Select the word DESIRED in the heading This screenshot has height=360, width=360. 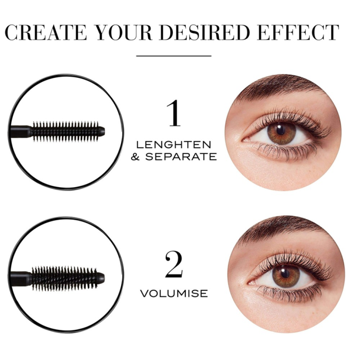tap(204, 32)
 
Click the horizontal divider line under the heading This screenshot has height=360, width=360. tap(174, 55)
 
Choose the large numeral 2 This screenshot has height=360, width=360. tap(174, 264)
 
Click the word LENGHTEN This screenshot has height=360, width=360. tap(174, 145)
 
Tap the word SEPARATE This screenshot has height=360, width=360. tap(181, 157)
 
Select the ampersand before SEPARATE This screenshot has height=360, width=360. tap(135, 157)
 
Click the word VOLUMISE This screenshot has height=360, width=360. tap(174, 293)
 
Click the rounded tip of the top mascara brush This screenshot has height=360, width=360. tap(101, 131)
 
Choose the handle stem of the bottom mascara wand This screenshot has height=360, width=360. tap(21, 277)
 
